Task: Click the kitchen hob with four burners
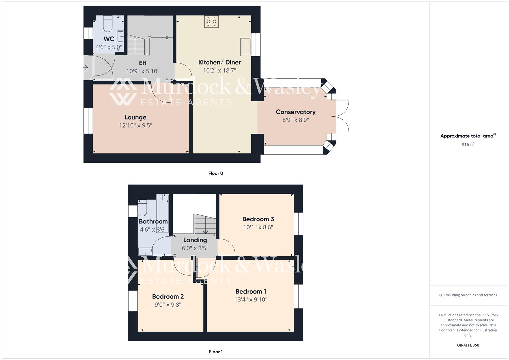coord(211,22)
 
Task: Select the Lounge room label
coord(135,117)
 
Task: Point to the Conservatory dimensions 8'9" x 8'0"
coord(296,120)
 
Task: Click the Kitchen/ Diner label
coord(219,62)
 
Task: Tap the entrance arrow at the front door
coord(85,68)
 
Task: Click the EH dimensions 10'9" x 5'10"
coord(143,71)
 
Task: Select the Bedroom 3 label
coord(258,219)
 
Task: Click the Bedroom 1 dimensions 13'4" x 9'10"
coord(251,299)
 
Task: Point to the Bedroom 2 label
coord(168,296)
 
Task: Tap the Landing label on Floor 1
coord(195,240)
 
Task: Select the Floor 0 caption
coord(216,173)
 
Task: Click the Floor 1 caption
coord(216,352)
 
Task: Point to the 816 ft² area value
coord(468,144)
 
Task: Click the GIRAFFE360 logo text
coord(468,345)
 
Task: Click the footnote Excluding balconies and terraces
coord(468,295)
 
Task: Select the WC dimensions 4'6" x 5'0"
coord(109,47)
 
